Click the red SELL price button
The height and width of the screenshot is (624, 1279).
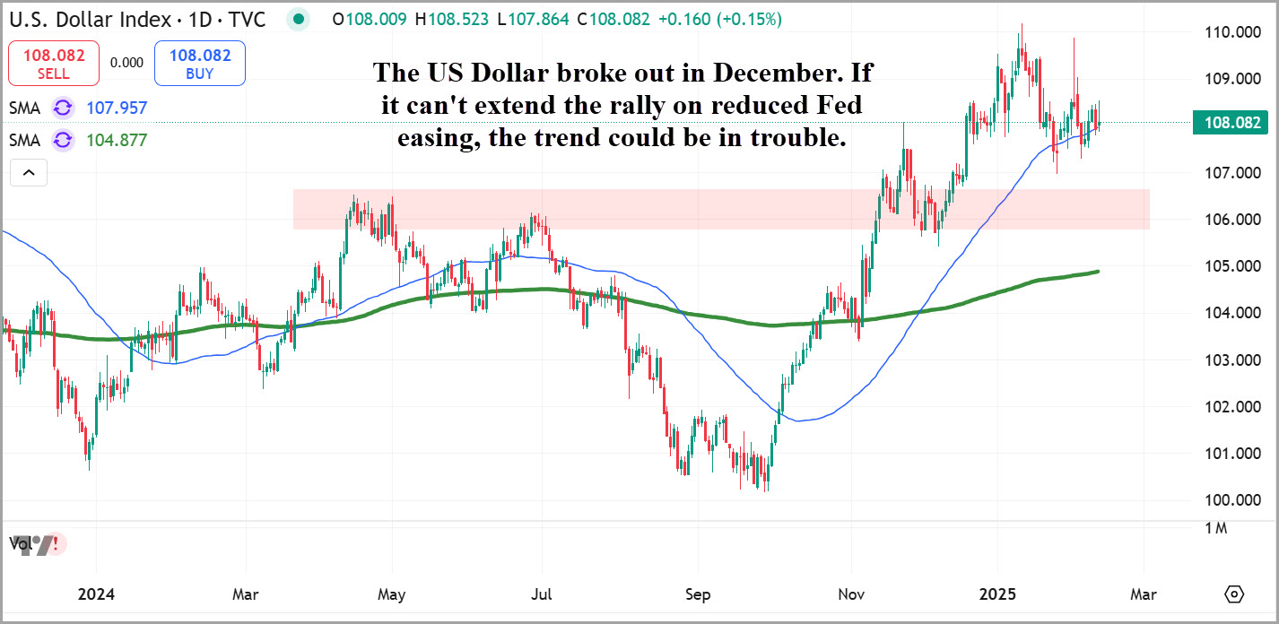(53, 63)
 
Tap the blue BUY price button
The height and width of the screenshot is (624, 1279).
(199, 63)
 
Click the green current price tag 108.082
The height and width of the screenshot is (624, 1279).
(1230, 123)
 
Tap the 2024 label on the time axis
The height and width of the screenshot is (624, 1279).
(96, 594)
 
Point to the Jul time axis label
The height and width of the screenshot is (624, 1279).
(541, 594)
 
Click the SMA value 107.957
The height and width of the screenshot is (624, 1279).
(117, 108)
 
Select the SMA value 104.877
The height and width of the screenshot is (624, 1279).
(117, 140)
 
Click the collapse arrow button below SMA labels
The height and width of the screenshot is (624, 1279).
(28, 172)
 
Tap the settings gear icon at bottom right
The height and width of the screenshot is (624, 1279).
(1235, 594)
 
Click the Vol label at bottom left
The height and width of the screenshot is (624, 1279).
(19, 543)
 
